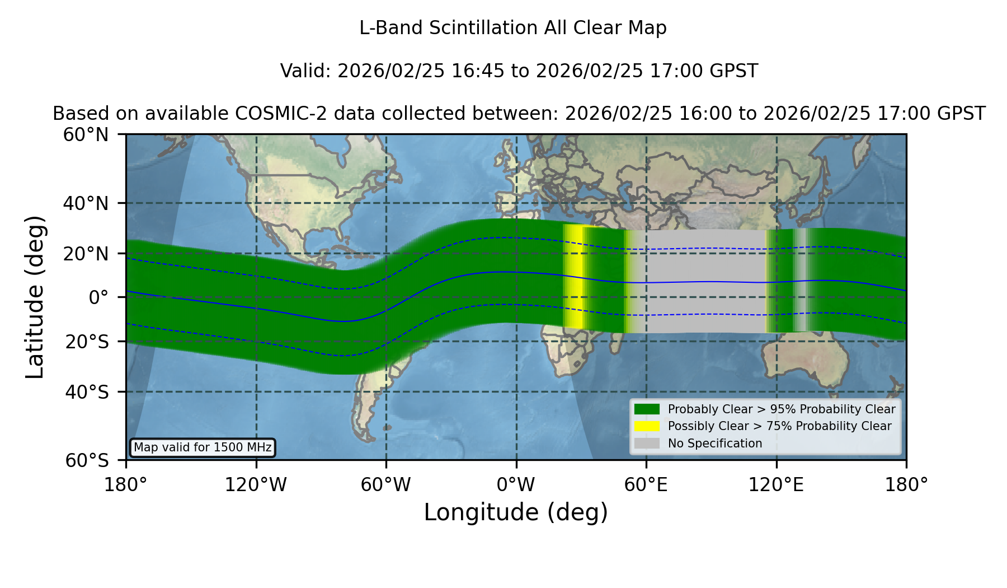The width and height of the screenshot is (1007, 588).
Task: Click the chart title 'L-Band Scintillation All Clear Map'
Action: point(512,28)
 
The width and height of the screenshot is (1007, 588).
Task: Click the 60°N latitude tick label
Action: point(86,134)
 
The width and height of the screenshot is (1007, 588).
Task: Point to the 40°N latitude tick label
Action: point(86,203)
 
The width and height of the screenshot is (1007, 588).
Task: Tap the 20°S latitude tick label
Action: point(87,342)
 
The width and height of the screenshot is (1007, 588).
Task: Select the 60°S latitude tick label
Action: point(87,460)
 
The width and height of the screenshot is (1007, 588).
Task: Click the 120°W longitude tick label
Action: point(256,484)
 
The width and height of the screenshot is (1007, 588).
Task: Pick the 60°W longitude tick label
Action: point(385,484)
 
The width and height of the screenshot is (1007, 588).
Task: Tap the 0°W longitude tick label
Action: point(516,484)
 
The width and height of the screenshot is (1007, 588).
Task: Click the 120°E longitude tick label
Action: point(776,484)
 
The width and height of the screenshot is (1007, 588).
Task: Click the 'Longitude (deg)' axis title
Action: point(516,512)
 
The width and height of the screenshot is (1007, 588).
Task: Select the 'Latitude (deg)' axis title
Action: point(35,297)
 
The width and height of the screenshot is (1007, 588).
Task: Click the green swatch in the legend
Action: point(647,409)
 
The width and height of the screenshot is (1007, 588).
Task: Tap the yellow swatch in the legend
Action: point(647,426)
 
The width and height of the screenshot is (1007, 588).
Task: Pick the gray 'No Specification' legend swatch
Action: point(647,443)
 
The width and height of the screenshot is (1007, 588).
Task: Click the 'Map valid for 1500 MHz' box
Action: point(203,447)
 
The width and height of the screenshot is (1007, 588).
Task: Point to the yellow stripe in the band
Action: point(573,276)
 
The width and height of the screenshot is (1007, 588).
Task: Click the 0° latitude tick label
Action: point(98,297)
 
